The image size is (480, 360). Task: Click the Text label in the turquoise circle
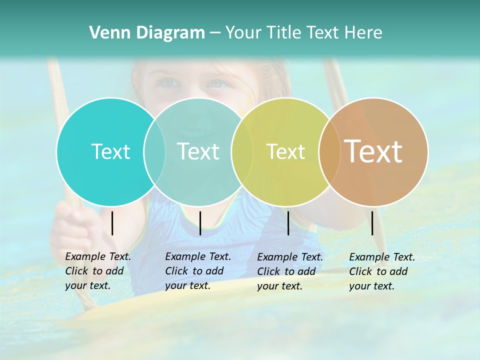[110, 151]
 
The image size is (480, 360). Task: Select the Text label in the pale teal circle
[198, 151]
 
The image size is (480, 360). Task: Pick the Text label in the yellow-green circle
[285, 151]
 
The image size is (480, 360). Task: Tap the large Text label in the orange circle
[373, 151]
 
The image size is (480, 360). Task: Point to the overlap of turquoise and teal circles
[154, 152]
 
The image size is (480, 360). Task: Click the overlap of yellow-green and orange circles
[329, 152]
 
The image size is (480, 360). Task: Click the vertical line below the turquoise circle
[112, 223]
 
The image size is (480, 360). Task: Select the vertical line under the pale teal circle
[200, 223]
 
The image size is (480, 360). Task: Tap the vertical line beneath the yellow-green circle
[288, 223]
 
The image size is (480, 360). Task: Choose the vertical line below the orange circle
[372, 223]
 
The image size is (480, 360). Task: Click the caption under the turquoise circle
[98, 271]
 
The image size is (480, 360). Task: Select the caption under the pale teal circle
[198, 271]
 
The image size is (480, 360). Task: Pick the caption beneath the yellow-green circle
[290, 271]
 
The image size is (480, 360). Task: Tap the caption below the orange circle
[382, 271]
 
